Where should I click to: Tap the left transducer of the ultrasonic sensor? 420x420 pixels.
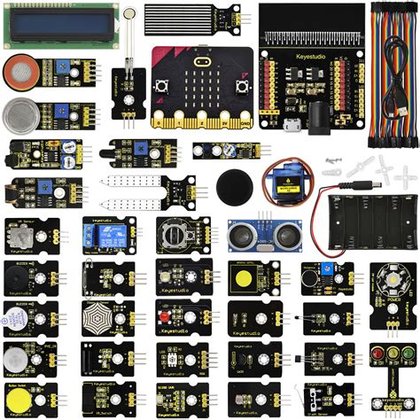[245, 235]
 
